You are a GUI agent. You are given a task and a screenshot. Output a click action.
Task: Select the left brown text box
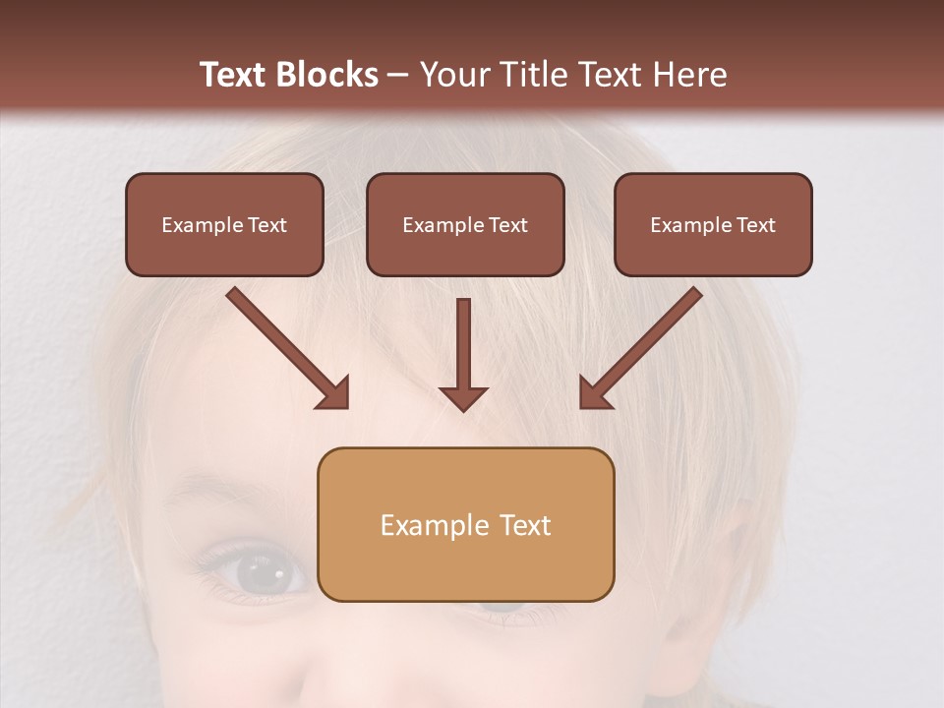224,225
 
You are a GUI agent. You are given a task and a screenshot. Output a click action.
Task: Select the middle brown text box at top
465,225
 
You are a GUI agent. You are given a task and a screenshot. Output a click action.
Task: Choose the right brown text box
713,225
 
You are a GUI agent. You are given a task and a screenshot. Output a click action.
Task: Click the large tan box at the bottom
465,524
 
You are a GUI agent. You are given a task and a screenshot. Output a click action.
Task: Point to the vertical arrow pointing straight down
463,349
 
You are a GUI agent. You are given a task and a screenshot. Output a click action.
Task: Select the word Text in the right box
756,225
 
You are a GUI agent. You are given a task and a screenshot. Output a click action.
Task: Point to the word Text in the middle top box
508,225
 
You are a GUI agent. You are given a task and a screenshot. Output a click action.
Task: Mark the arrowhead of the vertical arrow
463,396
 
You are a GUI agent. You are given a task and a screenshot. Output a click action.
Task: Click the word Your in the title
453,75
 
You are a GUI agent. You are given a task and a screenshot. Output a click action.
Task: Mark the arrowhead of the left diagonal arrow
334,393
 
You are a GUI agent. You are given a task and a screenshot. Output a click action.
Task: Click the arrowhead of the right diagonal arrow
594,393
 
